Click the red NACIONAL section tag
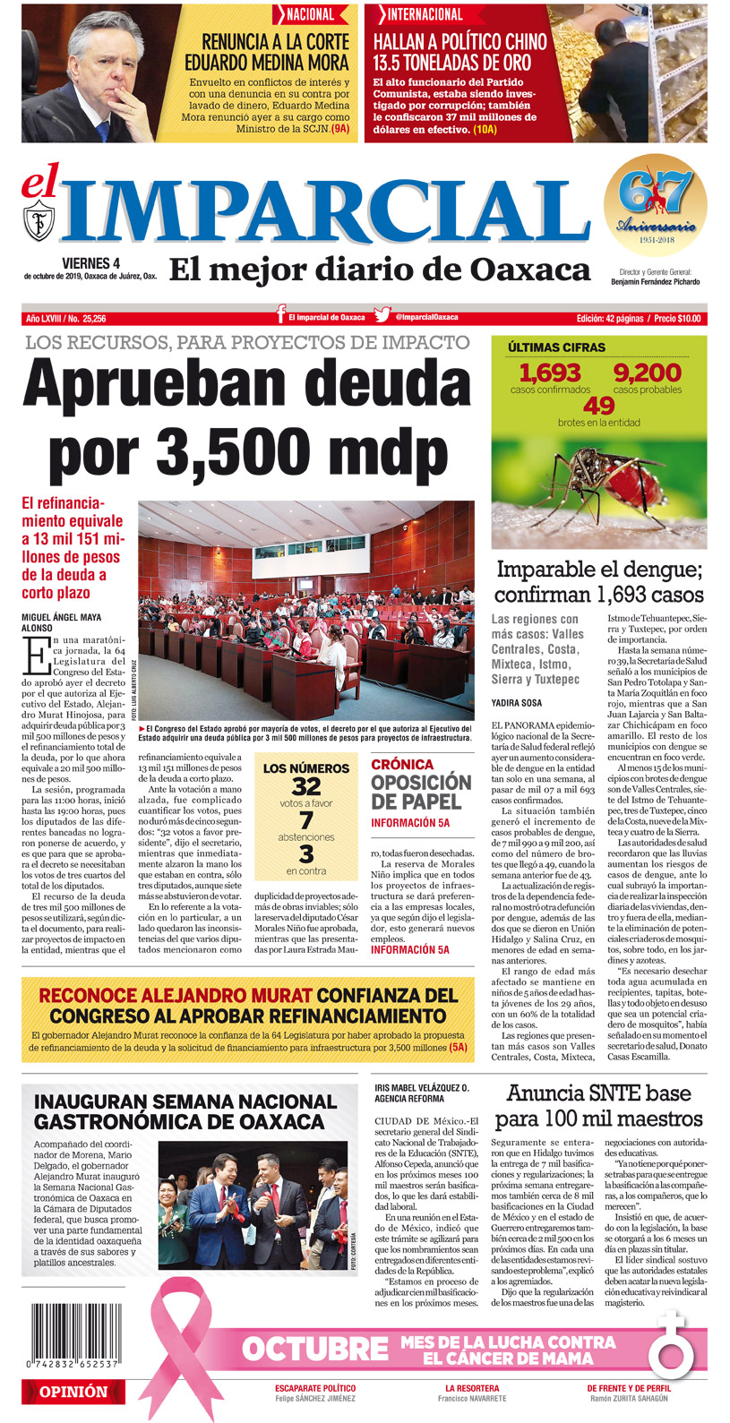310,14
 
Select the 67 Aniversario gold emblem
655,205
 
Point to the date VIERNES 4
90,262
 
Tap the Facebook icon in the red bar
281,315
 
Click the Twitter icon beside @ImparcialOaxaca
382,315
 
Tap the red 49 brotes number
598,405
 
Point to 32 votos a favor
305,786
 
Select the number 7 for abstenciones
306,821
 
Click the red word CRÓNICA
402,764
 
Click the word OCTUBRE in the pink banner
315,1349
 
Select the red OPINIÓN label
73,1392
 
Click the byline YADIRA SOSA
518,702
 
